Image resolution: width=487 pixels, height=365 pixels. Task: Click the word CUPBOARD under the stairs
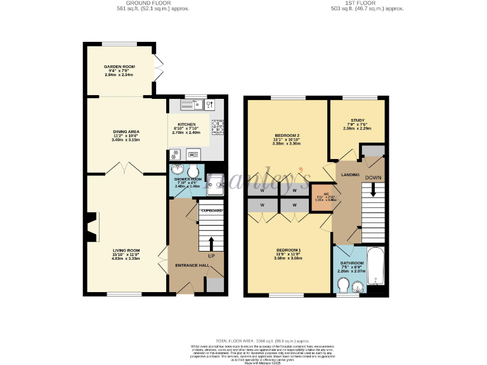(212, 210)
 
